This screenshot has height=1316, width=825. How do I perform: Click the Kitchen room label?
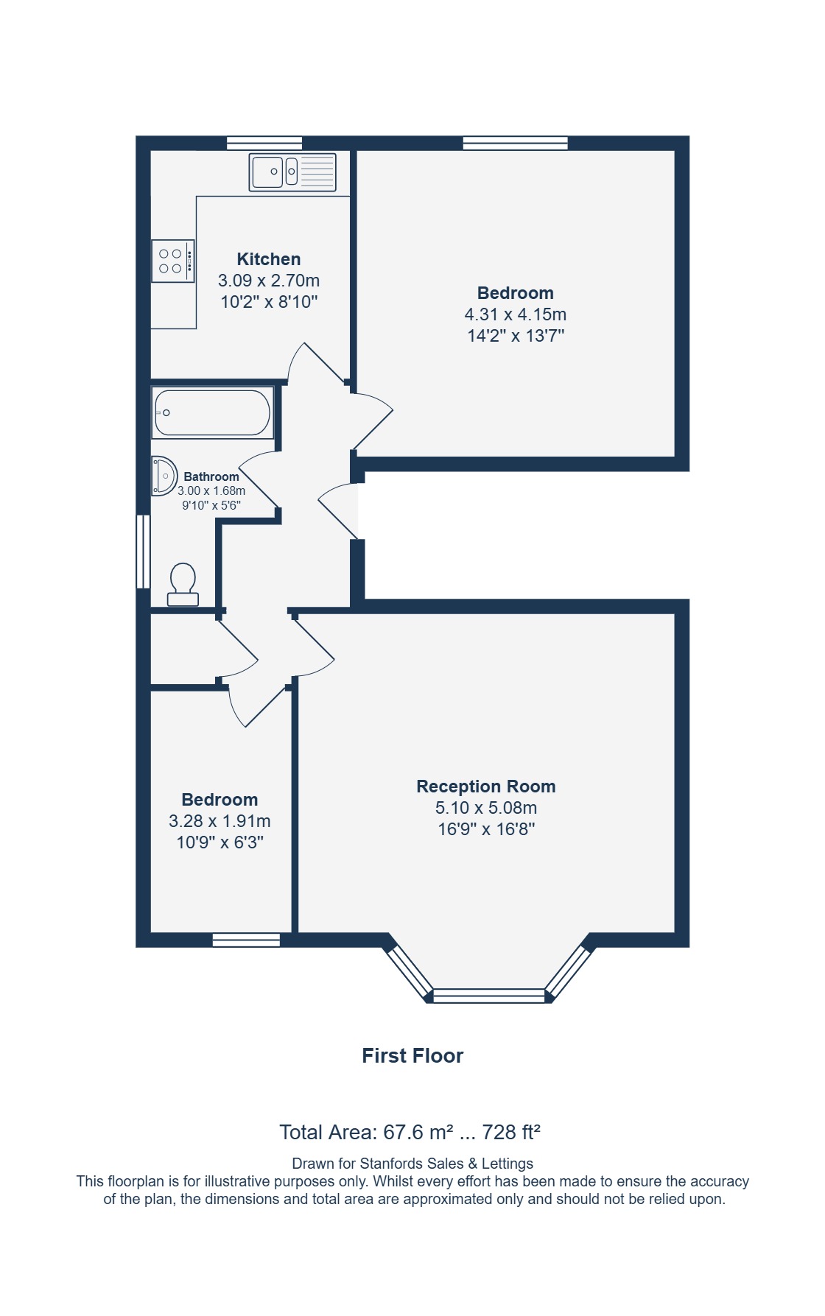269,259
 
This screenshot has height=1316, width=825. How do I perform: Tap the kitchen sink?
292,172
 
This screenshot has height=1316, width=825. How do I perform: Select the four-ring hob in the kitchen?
173,261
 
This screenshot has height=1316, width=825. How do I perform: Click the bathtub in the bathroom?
213,412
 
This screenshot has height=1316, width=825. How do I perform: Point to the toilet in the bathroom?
183,585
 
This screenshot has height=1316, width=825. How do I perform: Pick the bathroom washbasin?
164,476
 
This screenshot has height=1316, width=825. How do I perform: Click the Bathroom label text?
211,476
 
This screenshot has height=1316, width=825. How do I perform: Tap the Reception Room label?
486,787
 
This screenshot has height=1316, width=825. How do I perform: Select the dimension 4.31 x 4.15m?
516,314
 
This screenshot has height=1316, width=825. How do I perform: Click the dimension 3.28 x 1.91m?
220,821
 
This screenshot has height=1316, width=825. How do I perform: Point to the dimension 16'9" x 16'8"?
486,829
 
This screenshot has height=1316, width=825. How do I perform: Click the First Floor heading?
412,1056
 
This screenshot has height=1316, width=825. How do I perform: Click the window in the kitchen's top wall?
264,143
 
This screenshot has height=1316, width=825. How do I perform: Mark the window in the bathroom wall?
144,552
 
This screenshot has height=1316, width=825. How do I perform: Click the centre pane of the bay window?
489,996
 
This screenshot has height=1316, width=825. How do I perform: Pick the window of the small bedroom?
246,940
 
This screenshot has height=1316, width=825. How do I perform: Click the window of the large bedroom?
516,143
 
